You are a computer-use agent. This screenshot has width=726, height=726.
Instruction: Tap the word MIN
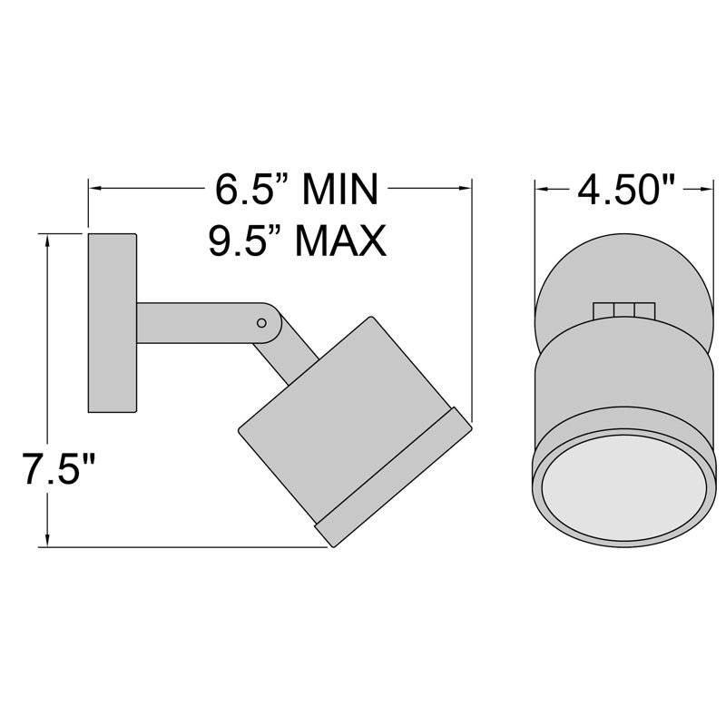tap(338, 190)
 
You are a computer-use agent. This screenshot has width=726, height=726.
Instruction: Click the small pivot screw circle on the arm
tap(262, 322)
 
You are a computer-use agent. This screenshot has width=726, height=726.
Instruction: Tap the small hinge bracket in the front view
tap(623, 309)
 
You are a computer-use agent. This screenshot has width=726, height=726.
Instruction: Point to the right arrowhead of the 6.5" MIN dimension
tap(468, 189)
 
